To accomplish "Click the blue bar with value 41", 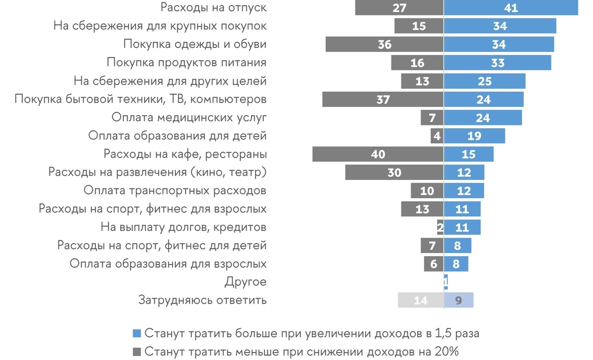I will coord(511,8).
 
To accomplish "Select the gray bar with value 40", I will coord(378,154).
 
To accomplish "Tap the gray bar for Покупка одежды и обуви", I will coord(384,45).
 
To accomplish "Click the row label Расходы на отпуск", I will coord(214,8).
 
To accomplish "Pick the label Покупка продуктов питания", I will coord(187,63).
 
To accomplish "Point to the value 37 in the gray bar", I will coord(382,99).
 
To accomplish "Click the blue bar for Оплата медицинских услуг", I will coord(483,118).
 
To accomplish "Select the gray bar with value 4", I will coord(437,136).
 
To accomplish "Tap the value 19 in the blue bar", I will coord(474,136).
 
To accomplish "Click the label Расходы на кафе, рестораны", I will coord(185,154).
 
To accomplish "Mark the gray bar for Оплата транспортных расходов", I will coord(427,191).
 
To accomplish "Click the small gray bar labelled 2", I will coord(440,227).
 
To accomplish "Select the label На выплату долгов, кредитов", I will coord(183,227).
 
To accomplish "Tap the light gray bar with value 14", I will coord(421,300).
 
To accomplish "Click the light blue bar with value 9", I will coord(459,300).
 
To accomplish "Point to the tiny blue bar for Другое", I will coord(446,282).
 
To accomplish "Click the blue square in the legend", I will coord(137,333).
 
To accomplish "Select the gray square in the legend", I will coord(137,352).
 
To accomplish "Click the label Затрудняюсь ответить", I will coord(203,300).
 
